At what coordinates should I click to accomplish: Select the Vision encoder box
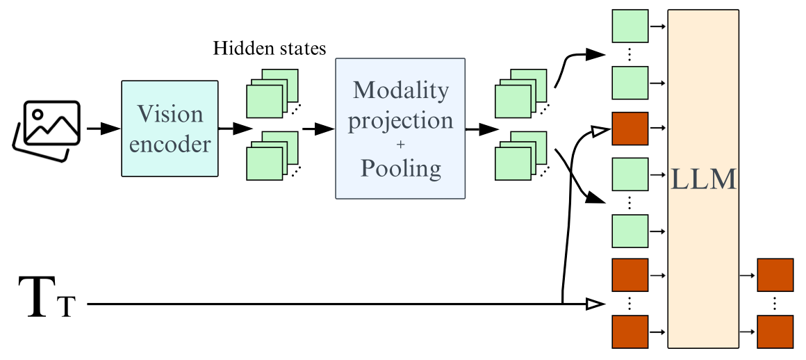click(x=170, y=129)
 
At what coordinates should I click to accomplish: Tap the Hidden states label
click(x=270, y=49)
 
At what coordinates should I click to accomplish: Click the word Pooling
click(x=401, y=169)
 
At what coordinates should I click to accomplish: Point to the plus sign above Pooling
click(x=401, y=145)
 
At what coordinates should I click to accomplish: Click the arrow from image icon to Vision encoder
click(x=102, y=129)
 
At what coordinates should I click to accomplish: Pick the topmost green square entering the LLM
click(x=630, y=27)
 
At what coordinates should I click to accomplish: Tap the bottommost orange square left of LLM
click(x=630, y=332)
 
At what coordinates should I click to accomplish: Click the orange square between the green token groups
click(x=630, y=129)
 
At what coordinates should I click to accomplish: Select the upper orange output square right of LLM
click(x=775, y=275)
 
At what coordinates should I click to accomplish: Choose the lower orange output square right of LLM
click(x=775, y=332)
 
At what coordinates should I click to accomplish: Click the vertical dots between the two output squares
click(x=775, y=304)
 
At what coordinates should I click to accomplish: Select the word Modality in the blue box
click(x=401, y=90)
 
